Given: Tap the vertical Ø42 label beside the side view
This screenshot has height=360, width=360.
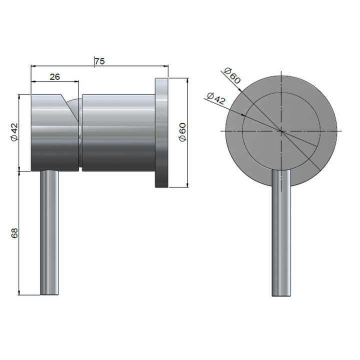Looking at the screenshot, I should (14, 131).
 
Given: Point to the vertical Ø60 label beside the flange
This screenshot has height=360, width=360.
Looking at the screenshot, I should (183, 131).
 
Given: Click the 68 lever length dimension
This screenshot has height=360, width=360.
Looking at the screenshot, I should (14, 233).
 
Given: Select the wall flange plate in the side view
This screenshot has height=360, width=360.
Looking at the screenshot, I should (162, 132).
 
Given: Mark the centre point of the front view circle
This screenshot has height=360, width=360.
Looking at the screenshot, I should (281, 131).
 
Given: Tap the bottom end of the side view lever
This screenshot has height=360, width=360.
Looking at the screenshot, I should (50, 293).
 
